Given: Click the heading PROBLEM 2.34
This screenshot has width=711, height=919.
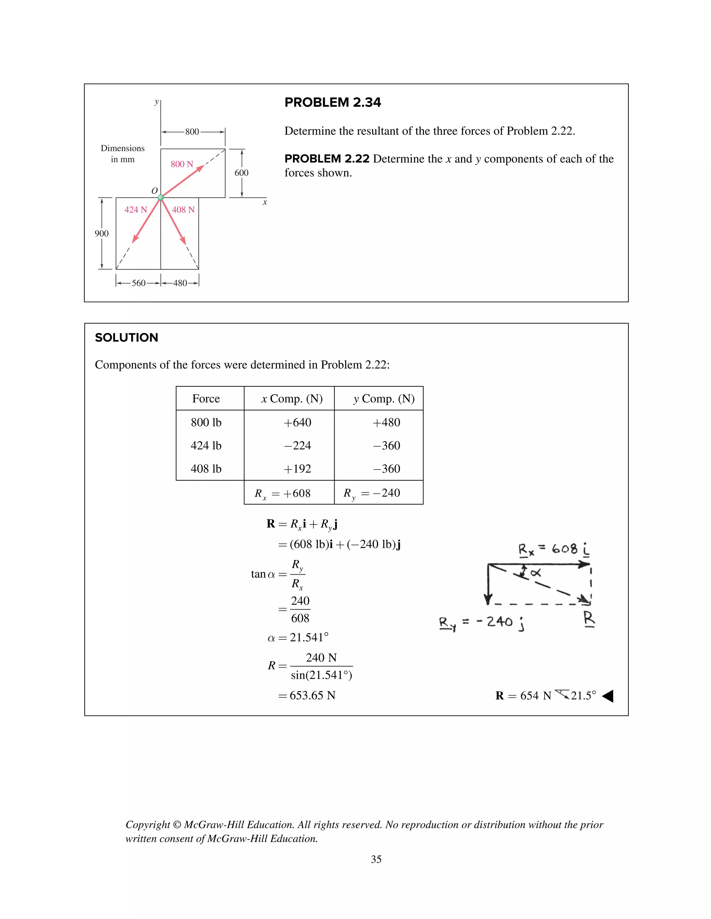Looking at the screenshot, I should click(x=332, y=102).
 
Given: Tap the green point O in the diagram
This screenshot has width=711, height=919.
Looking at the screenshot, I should click(x=160, y=197).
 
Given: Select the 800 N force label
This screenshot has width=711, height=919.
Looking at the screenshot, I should click(x=182, y=164).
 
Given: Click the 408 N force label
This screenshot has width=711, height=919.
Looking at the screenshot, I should click(x=183, y=209).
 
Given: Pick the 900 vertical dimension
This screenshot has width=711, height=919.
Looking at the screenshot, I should click(x=101, y=233).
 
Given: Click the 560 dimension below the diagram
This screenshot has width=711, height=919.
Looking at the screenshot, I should click(x=138, y=283).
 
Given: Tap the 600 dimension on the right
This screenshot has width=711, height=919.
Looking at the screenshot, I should click(x=241, y=173).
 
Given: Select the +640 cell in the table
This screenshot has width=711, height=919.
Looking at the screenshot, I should click(x=298, y=422).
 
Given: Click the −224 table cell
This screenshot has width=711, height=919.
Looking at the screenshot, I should click(x=298, y=446).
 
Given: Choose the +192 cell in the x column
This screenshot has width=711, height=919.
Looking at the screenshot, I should click(x=298, y=469).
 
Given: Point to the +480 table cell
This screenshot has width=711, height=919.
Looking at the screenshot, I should click(x=386, y=422).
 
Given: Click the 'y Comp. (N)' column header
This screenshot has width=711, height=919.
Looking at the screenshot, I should click(x=384, y=398).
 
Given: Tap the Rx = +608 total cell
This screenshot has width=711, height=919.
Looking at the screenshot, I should click(x=283, y=493).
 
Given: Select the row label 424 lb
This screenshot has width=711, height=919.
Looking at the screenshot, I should click(x=206, y=446).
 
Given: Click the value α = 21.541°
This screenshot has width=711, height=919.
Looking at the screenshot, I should click(x=298, y=637).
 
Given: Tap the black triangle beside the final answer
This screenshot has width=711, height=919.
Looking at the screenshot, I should click(x=608, y=696).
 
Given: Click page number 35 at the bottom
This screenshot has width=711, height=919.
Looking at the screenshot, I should click(x=376, y=859).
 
